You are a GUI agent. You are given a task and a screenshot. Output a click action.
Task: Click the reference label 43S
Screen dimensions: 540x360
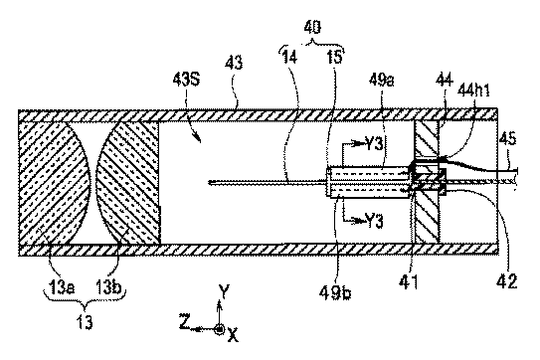click(x=186, y=80)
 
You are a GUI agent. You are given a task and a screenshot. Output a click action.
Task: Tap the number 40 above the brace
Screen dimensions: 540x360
click(x=312, y=27)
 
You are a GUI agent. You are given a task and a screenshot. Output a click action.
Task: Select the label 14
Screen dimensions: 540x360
click(x=289, y=57)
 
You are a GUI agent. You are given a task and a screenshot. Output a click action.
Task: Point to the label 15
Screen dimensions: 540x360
click(x=334, y=57)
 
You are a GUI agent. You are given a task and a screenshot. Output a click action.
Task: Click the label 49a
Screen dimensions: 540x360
click(x=382, y=81)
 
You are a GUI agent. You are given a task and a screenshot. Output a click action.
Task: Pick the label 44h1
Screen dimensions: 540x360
click(x=473, y=90)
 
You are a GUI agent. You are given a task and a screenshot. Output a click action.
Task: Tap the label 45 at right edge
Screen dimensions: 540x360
click(x=507, y=139)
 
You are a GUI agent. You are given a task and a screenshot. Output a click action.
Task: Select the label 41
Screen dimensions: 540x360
click(x=409, y=281)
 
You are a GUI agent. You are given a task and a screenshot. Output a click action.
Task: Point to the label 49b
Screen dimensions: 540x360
click(x=334, y=292)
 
